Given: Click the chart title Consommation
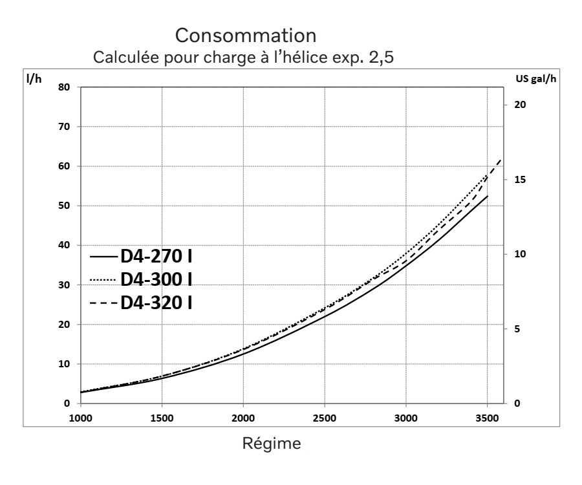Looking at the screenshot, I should click(x=245, y=33).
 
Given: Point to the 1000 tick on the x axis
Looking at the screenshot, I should click(x=81, y=418).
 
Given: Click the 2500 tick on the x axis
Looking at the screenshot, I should click(x=325, y=418).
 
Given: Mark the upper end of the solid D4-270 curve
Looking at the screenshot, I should click(x=487, y=195).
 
